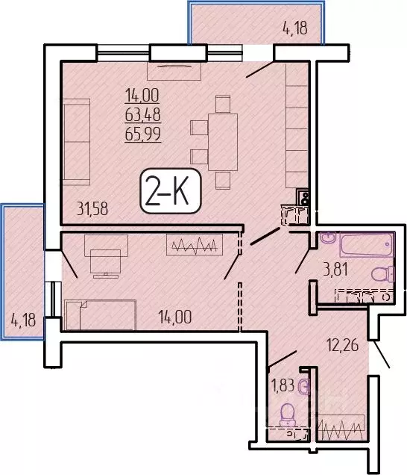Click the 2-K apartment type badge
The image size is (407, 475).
170,191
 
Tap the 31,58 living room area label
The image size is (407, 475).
92,208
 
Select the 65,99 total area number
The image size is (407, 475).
142,134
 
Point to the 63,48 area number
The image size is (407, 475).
142,115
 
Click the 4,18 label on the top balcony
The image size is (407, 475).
295,28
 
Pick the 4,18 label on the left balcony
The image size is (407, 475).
23,320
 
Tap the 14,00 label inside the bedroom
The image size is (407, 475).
175,317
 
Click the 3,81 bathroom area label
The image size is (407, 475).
335,270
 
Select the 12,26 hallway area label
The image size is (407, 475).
343,345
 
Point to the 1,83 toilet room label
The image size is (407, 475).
283,385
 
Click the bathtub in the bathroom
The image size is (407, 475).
367,244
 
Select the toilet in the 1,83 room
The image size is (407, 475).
288,415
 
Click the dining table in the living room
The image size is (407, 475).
223,142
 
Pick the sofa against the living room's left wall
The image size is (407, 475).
77,142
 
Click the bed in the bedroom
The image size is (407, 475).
101,314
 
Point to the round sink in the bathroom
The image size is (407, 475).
329,237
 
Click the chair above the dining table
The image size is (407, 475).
223,104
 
